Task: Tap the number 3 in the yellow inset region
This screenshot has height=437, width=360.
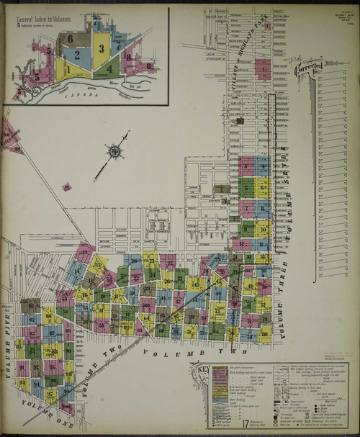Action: coord(102,48)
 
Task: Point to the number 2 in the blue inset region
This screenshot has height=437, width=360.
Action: coord(74,55)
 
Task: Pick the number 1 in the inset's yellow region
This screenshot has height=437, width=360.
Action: coord(66,70)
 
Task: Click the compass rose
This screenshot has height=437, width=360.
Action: coord(114,151)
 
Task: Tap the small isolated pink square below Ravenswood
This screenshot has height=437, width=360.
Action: coord(66,186)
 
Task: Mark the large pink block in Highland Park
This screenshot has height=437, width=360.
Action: coord(263,70)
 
